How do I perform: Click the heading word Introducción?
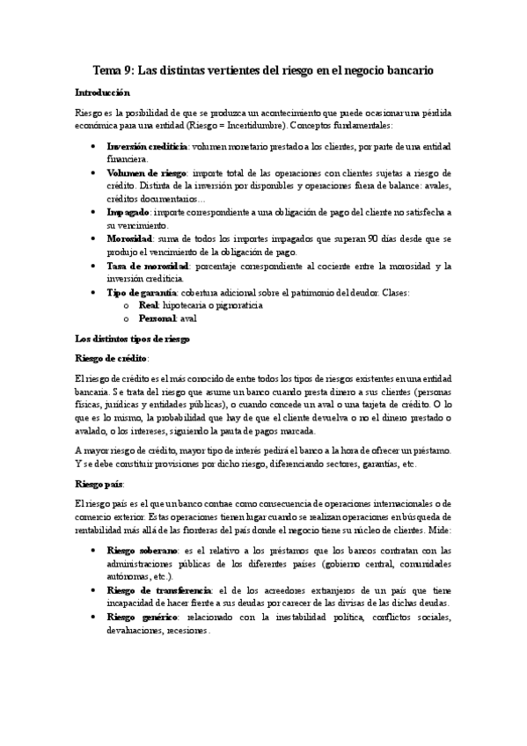103,92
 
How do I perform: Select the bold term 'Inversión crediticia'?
146,146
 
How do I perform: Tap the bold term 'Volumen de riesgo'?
141,172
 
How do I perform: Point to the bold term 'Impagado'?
128,213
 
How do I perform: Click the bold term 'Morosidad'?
130,239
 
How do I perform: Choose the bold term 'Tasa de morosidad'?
143,266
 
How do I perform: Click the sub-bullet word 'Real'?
149,305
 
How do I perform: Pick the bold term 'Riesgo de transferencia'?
158,590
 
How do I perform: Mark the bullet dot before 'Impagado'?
93,213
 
